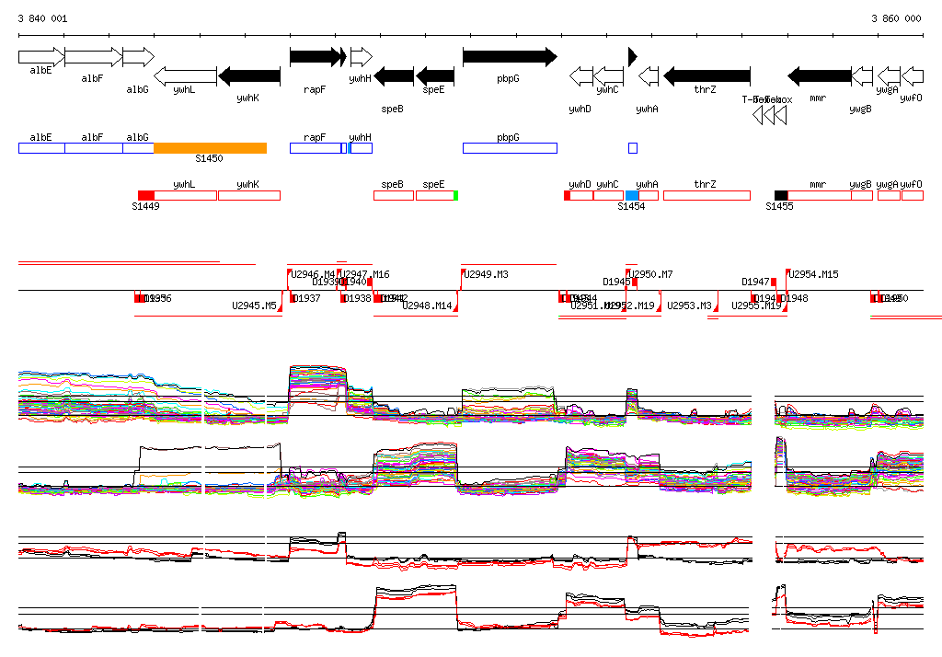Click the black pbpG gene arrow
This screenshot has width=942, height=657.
(x=509, y=57)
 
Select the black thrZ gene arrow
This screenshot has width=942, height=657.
(x=706, y=75)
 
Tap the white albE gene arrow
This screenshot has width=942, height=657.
(x=40, y=57)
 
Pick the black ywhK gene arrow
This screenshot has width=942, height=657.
(x=249, y=75)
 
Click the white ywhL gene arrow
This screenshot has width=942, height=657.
(x=185, y=75)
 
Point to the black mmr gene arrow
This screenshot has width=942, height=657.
(x=820, y=75)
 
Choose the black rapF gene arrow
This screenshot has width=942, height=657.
(x=315, y=57)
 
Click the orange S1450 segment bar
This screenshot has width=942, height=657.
(x=210, y=148)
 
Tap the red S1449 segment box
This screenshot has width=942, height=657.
(x=146, y=195)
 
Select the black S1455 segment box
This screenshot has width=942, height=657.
(x=781, y=195)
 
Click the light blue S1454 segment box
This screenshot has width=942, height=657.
(x=632, y=195)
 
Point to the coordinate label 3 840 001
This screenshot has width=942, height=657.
(x=42, y=18)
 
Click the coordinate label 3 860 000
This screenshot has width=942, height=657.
(x=896, y=18)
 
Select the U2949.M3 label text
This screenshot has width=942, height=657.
(x=487, y=274)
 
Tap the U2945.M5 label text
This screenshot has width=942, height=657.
(x=254, y=305)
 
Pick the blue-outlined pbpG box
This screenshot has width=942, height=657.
(x=510, y=148)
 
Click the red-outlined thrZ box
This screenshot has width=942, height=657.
(x=706, y=195)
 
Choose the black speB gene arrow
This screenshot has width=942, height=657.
(x=394, y=75)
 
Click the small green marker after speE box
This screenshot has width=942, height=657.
(x=455, y=195)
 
